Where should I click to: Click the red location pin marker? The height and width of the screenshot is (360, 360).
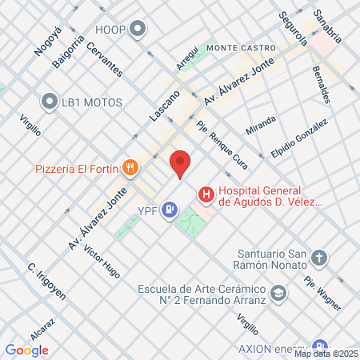point(180,164)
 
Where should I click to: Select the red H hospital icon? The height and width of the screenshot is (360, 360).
point(206,194)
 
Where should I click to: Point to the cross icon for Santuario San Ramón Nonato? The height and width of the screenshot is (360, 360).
point(319,258)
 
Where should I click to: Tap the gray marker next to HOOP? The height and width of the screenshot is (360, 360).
point(138,30)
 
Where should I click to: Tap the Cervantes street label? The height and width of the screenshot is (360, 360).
point(106,58)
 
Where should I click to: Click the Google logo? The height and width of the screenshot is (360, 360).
point(26,350)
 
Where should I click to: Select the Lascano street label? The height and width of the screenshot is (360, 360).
point(165,106)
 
